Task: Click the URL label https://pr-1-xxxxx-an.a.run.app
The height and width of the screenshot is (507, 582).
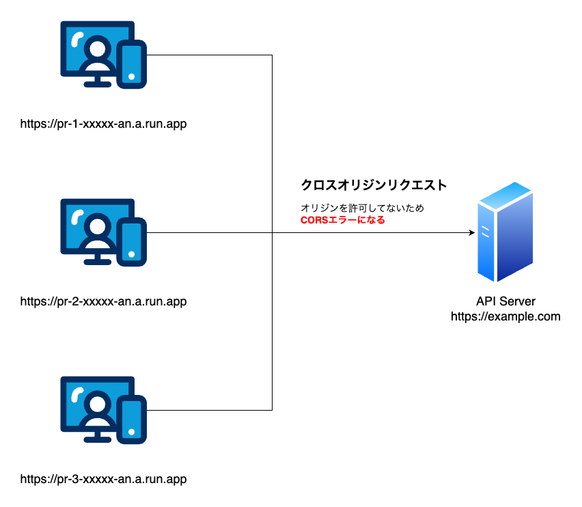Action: coord(103,124)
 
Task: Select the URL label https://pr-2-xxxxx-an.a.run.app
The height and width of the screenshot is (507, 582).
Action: coord(103,301)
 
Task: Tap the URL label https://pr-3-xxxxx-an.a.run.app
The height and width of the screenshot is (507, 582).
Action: coord(103,479)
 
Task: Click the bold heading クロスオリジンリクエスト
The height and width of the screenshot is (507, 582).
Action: coord(374,185)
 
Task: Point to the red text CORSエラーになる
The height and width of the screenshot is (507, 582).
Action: coord(343,220)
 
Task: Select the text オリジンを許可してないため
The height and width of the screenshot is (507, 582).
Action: coord(362,208)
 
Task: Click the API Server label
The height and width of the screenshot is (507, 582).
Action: coord(505,301)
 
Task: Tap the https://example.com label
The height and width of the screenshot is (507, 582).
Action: coord(505,316)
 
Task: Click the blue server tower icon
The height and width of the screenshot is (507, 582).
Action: coord(505,232)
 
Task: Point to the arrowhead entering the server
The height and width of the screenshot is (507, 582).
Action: coord(472,233)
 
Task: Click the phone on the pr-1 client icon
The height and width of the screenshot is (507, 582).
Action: coord(131,64)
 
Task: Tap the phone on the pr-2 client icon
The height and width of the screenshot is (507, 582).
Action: coord(131,242)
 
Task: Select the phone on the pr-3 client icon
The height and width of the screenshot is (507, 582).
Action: coord(131,420)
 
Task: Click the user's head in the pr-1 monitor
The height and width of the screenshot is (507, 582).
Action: coord(97,48)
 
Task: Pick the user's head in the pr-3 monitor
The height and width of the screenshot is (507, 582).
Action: coord(97,403)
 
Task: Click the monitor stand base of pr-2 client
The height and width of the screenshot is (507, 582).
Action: coord(97,262)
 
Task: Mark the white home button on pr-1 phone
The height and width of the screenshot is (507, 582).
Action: coord(131,77)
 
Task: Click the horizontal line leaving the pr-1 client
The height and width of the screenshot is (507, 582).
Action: coord(209,55)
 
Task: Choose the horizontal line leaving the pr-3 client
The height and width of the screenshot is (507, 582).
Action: coord(209,410)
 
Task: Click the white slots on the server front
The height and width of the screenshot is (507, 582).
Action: coord(485,231)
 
